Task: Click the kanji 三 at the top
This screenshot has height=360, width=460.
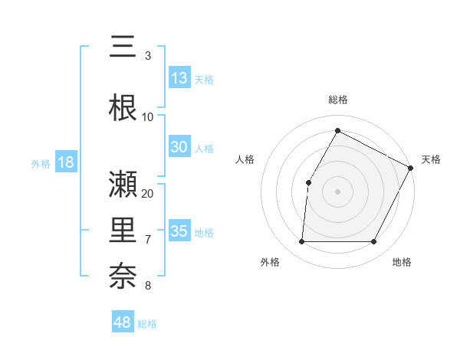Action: click(123, 47)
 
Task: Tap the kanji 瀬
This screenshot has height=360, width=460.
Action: click(123, 184)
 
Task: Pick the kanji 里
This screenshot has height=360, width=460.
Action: click(123, 231)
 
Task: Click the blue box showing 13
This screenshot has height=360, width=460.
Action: click(179, 78)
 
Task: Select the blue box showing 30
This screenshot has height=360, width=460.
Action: click(179, 148)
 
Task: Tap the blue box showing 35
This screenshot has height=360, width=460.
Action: click(179, 231)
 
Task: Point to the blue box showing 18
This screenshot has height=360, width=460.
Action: click(65, 163)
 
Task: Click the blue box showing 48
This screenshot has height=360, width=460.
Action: click(123, 322)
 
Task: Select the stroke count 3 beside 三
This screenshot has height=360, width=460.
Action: click(147, 56)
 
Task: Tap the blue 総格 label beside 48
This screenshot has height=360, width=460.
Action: click(147, 324)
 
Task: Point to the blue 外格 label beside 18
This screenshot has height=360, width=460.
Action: click(40, 164)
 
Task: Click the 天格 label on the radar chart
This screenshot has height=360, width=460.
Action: click(431, 159)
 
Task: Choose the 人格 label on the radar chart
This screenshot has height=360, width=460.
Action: click(245, 159)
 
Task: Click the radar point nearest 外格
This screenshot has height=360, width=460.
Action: click(301, 242)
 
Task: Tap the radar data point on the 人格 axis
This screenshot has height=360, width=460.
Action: click(308, 182)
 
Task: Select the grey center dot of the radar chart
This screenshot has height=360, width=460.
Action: click(337, 191)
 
